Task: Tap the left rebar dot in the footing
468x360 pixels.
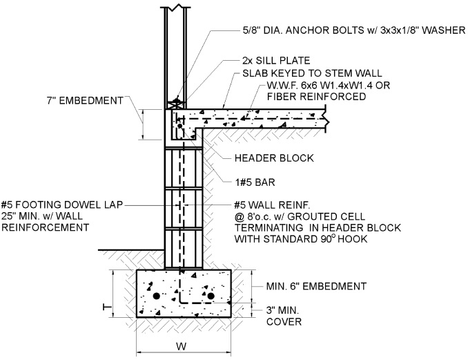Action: coord(157,296)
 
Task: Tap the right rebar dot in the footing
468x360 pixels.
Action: coord(211,296)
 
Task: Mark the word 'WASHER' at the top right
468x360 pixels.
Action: coord(445,30)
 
